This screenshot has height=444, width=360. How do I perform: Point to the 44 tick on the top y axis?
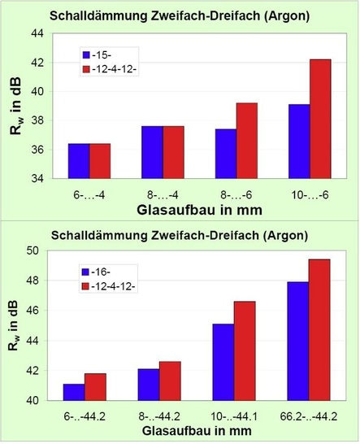point(37,33)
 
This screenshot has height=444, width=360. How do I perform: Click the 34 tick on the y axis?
point(37,178)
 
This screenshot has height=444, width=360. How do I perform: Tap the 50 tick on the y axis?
point(37,250)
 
